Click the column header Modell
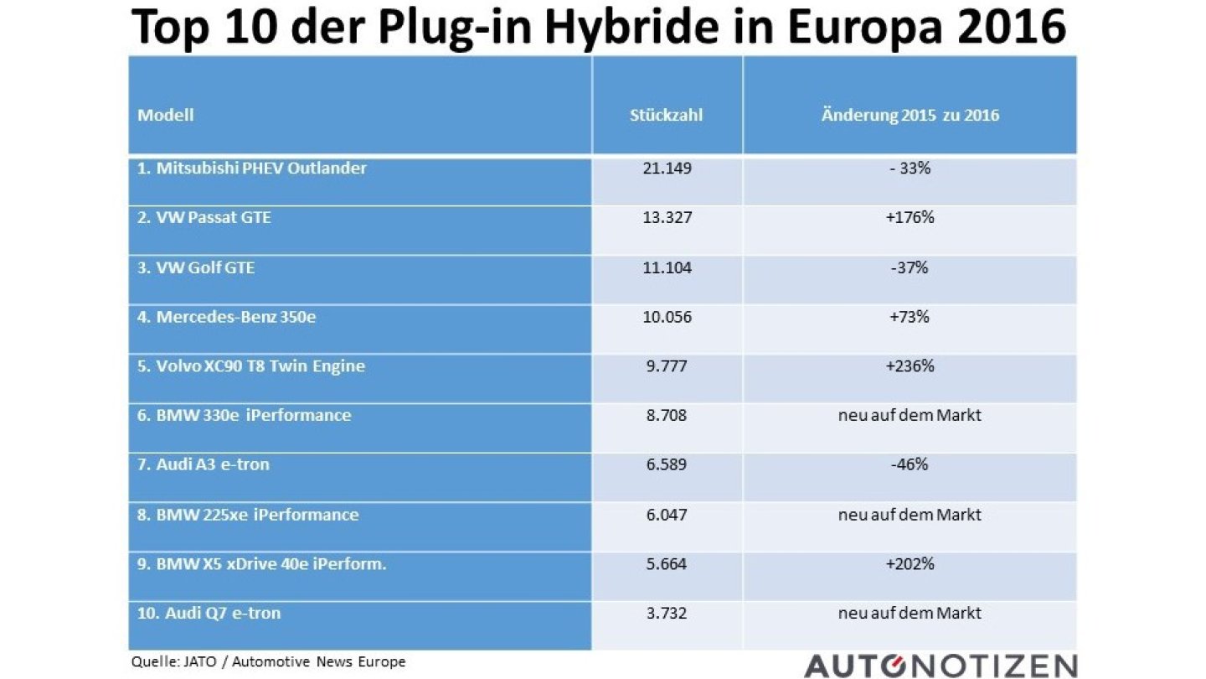click(x=166, y=115)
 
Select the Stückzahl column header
click(x=666, y=116)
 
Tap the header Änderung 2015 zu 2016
click(x=910, y=116)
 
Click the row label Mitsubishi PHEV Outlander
click(x=252, y=168)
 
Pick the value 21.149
click(x=666, y=168)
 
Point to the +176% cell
click(x=910, y=218)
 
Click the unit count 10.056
click(x=666, y=318)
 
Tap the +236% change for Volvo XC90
click(x=910, y=366)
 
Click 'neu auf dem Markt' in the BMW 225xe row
click(x=910, y=515)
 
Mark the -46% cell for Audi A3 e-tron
click(x=910, y=464)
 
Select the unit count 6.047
click(x=666, y=515)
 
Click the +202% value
click(x=910, y=564)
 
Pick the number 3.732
click(x=666, y=614)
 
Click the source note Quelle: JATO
click(x=268, y=662)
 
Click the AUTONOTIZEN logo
click(x=940, y=665)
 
